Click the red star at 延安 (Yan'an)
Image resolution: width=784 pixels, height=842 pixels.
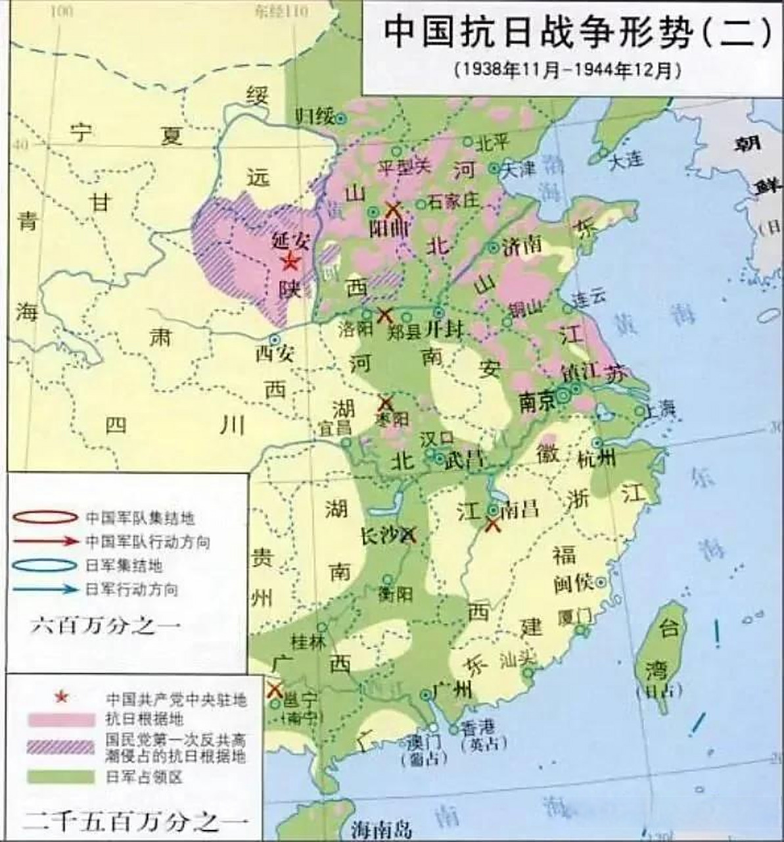[x=289, y=262]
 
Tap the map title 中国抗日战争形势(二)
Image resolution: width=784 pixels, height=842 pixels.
[x=576, y=33]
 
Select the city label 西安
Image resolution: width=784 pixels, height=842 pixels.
[x=274, y=353]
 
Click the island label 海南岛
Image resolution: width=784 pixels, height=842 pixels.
[x=381, y=828]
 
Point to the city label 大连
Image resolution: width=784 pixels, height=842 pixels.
[x=626, y=160]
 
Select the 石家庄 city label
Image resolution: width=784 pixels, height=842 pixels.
[x=453, y=201]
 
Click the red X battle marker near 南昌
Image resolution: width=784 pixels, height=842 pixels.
[x=493, y=524]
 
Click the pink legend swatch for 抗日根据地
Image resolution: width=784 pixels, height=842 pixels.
[x=61, y=720]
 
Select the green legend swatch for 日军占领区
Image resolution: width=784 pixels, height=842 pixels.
[x=61, y=776]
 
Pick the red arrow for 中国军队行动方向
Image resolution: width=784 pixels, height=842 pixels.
[x=45, y=541]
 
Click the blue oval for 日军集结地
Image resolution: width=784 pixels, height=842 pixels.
[x=45, y=565]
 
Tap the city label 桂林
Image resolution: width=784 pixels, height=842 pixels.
[x=309, y=642]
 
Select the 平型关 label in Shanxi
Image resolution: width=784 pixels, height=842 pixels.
[x=403, y=167]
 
